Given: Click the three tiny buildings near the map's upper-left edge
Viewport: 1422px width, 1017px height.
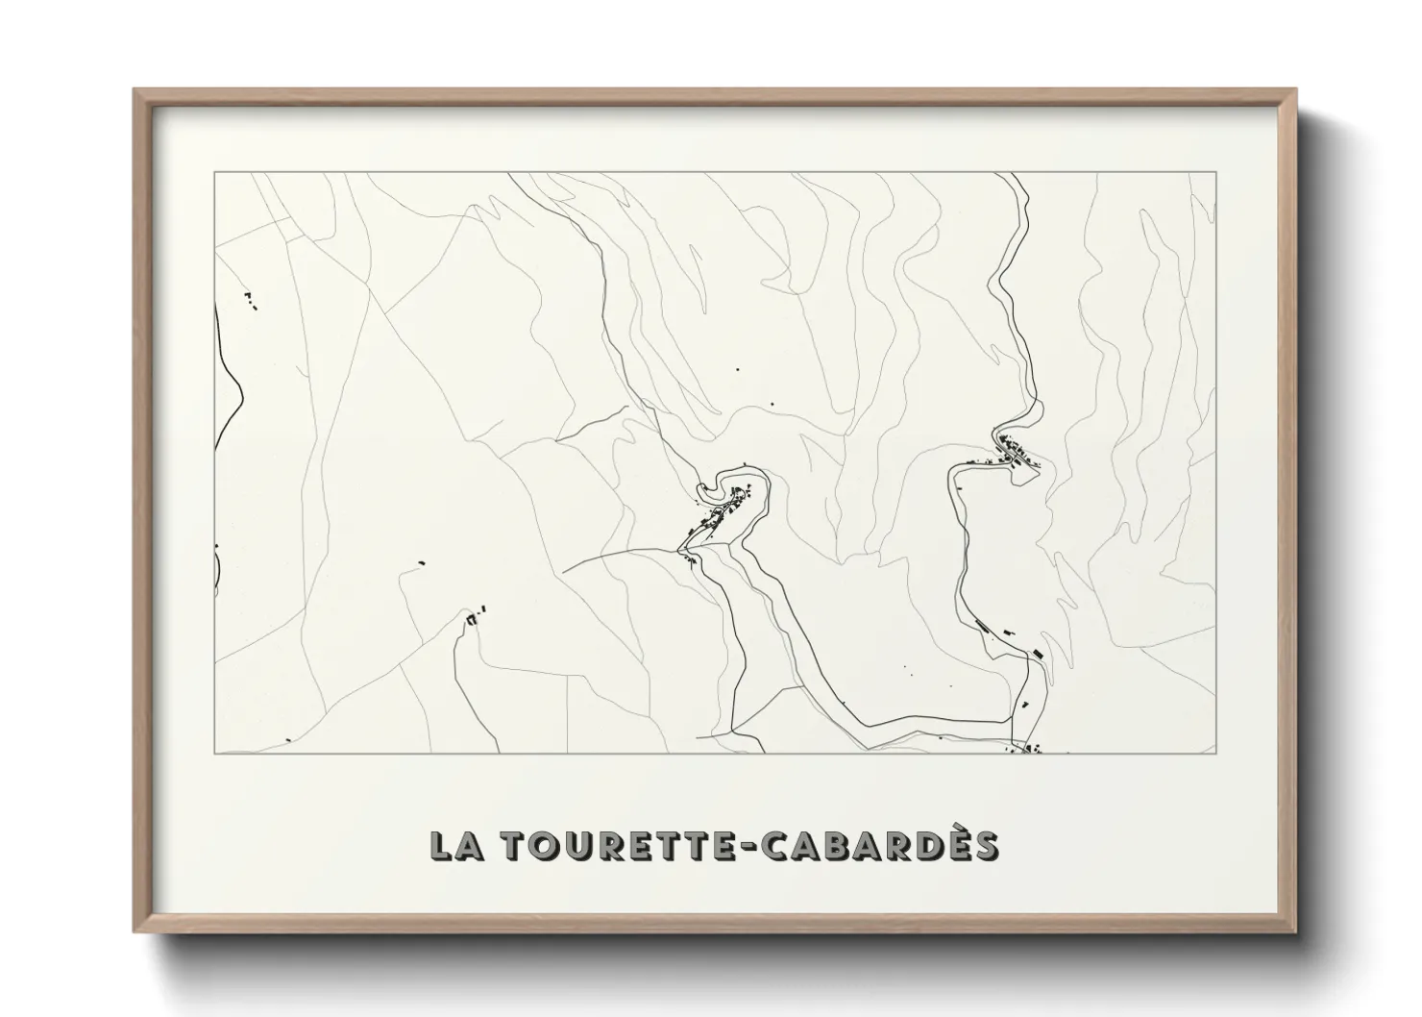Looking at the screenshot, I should tap(251, 300).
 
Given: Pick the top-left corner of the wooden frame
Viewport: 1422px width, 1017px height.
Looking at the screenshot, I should tap(135, 91).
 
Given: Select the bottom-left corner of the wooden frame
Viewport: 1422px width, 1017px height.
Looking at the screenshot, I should tap(135, 931).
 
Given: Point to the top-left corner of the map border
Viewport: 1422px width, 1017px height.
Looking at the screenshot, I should tap(215, 173).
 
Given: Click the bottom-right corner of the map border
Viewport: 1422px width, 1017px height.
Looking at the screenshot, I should tap(1216, 754).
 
